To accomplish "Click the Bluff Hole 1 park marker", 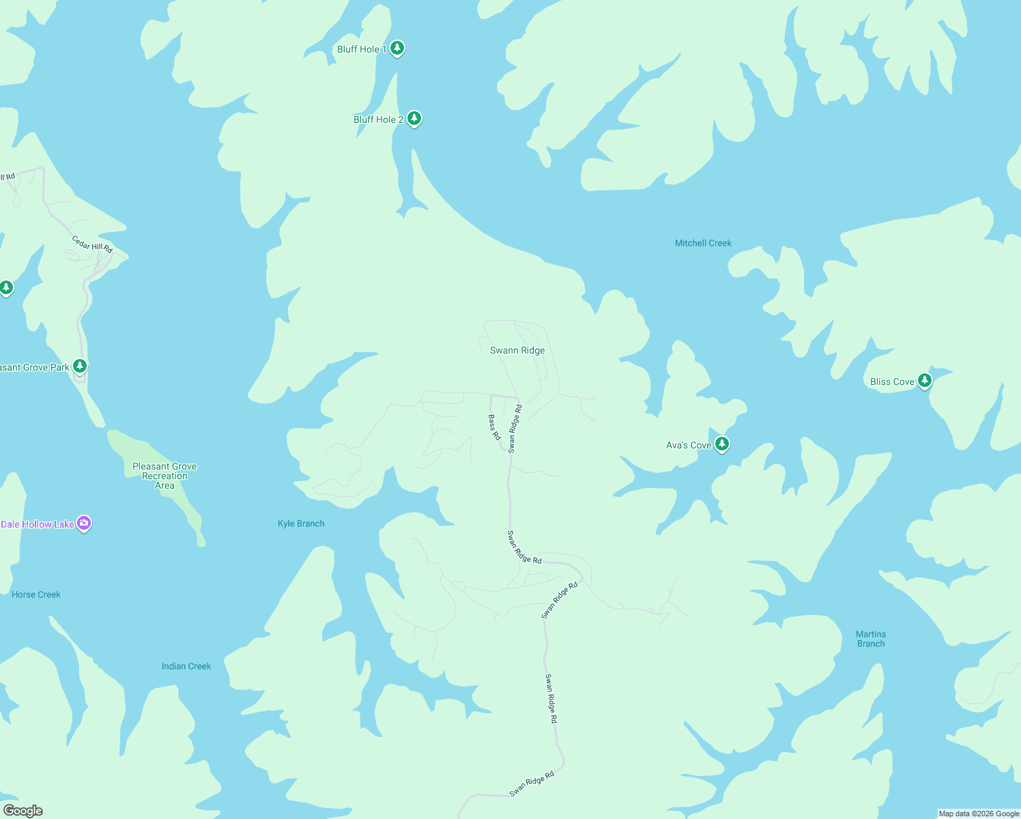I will click(397, 48).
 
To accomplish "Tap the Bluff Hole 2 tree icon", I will click(414, 119).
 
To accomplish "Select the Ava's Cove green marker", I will click(721, 444).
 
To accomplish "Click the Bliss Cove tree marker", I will click(925, 381).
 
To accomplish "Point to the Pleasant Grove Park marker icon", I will click(80, 367).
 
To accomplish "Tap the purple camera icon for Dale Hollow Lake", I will click(84, 523).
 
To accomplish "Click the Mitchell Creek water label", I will click(703, 243).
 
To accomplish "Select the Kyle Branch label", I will click(301, 523).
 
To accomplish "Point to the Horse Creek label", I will click(36, 594).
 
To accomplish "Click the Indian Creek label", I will click(186, 666).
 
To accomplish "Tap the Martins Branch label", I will click(871, 639).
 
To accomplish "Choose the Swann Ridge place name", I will click(517, 350).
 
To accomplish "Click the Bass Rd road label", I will click(494, 427).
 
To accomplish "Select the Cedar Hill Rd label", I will click(92, 244).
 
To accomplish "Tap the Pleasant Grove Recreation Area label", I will click(164, 476).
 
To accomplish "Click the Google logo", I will click(23, 811).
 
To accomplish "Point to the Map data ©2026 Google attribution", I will click(979, 814).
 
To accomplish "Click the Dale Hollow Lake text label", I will click(38, 524).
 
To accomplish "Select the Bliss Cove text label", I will click(892, 382).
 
